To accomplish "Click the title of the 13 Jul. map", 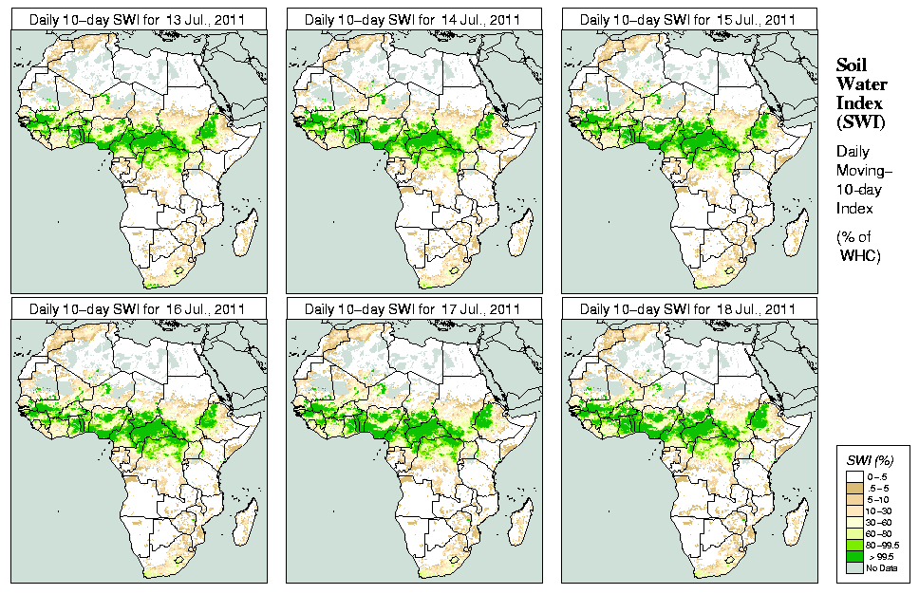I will pos(138,18).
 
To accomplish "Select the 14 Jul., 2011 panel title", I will pos(413,18).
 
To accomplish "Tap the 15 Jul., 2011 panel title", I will pos(688,18).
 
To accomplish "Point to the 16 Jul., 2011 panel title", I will pos(138,308).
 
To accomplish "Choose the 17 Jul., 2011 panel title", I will pos(413,308).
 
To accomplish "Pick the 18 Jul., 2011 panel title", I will pos(688,308).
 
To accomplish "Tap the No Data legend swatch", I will pos(855,567).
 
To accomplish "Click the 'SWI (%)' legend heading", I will pos(870,459).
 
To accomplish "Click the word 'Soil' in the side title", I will pos(852,65).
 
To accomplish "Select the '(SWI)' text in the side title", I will pos(859,121).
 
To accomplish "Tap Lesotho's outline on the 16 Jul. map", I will pos(179,560).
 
